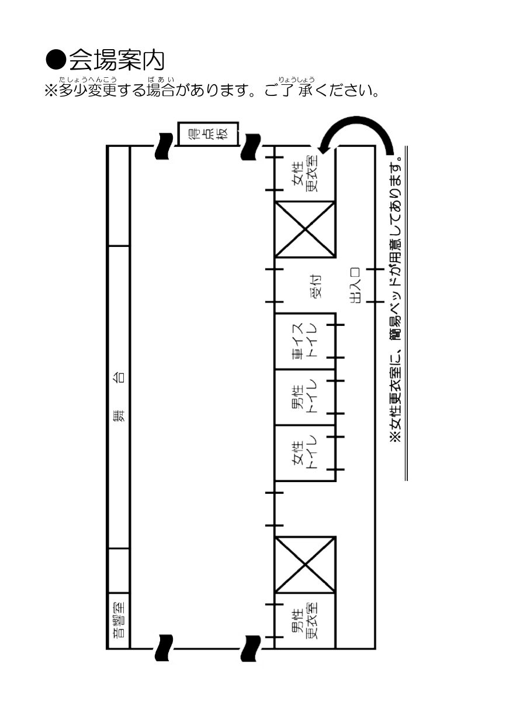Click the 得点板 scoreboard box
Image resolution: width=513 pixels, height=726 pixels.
tap(208, 134)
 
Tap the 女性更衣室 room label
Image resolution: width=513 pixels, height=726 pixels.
tap(305, 173)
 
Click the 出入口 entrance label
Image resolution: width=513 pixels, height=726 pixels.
tap(355, 285)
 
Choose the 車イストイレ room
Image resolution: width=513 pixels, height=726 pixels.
tap(304, 341)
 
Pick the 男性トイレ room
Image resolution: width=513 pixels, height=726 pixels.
tap(304, 397)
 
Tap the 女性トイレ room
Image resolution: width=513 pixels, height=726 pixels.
tap(304, 453)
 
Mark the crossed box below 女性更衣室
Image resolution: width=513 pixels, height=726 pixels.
tap(304, 229)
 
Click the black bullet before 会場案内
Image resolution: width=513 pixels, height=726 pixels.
tap(56, 60)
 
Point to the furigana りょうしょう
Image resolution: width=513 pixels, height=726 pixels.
tap(296, 80)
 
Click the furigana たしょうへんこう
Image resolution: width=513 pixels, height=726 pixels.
tap(88, 80)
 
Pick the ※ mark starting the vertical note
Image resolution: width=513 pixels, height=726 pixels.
tap(397, 436)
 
